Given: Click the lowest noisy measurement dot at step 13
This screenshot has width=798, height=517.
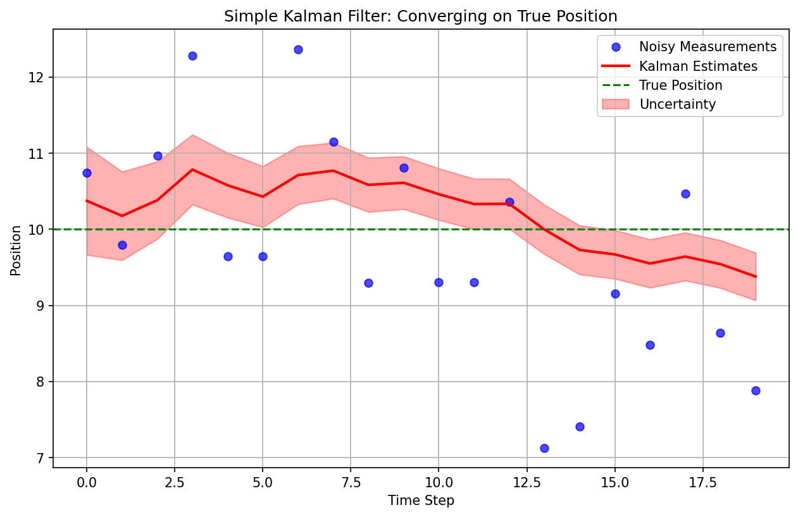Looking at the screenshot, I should click(x=544, y=448).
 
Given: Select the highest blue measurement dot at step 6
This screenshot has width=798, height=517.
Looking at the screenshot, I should click(x=298, y=49).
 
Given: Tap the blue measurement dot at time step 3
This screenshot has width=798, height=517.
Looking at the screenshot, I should click(x=192, y=56).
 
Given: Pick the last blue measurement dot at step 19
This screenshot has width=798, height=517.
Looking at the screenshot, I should click(x=756, y=390).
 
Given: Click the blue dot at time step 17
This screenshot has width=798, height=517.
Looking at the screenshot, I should click(x=685, y=194).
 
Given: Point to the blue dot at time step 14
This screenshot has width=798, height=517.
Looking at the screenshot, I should click(x=580, y=427).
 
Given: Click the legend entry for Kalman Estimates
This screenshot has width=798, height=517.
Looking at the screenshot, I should click(x=698, y=66).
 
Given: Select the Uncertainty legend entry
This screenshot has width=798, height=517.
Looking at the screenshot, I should click(x=677, y=104).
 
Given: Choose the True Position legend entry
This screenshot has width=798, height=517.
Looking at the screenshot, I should click(x=680, y=85).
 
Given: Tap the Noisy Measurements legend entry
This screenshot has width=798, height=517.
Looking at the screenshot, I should click(x=707, y=47).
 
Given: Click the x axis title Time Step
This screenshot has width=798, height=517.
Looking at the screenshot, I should click(x=421, y=501).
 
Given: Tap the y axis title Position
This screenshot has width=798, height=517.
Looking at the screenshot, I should click(x=16, y=250).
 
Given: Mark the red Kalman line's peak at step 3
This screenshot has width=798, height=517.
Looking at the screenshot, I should click(x=192, y=170).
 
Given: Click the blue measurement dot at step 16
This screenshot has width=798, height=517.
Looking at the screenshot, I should click(x=650, y=345).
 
